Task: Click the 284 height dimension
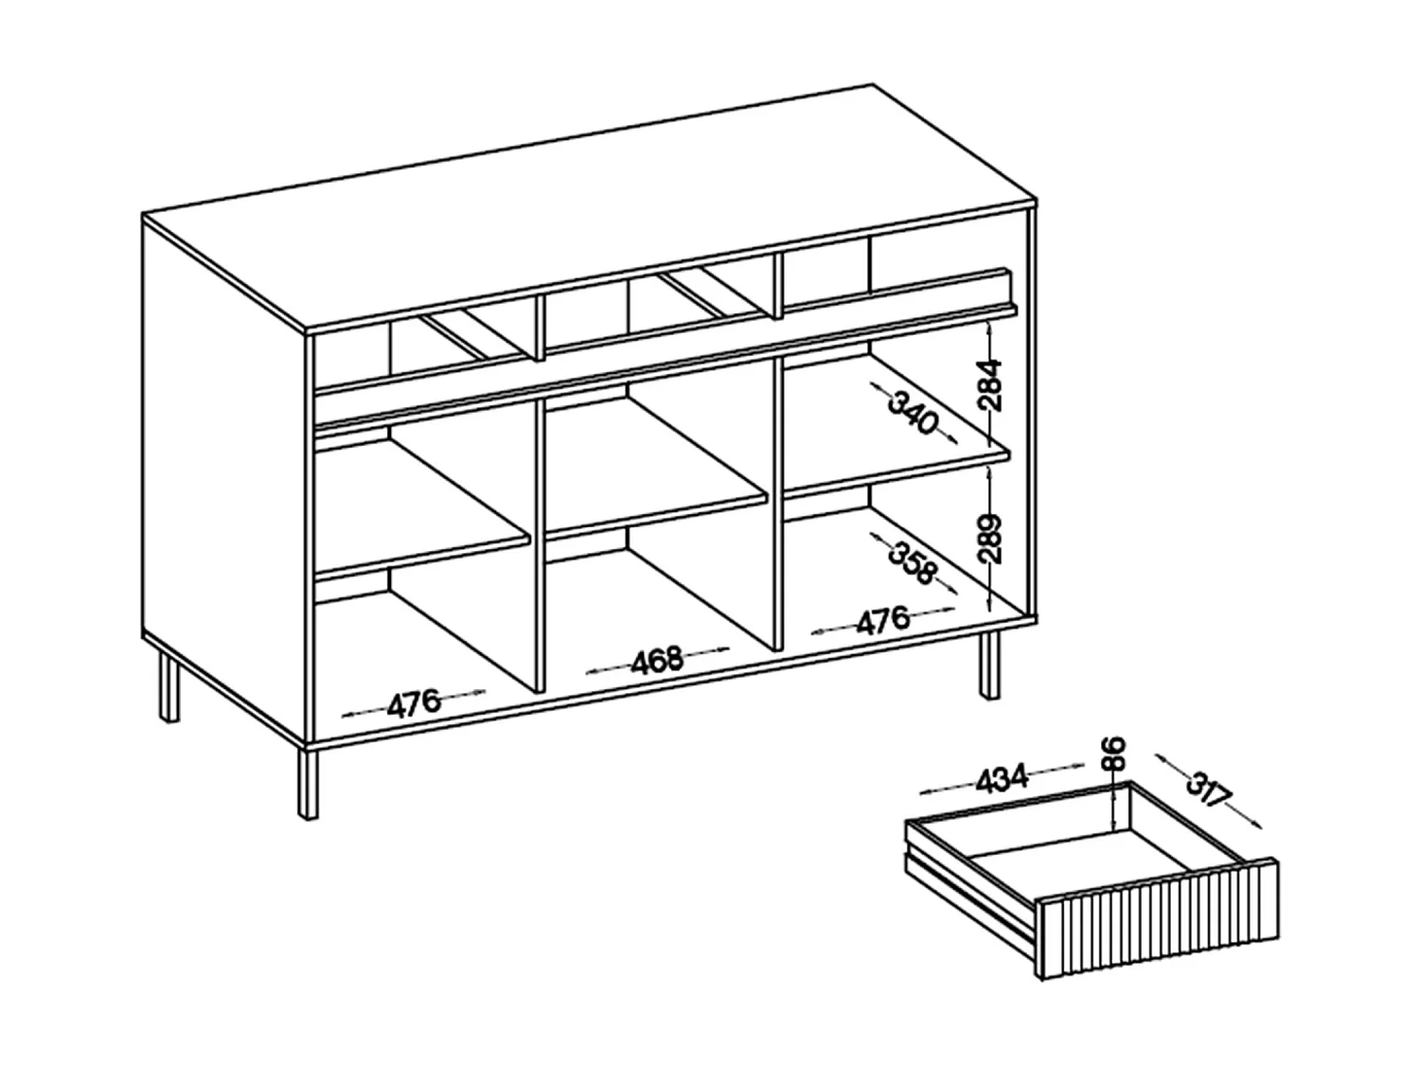pos(989,383)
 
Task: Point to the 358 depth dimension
pos(912,559)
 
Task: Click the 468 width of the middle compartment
pos(657,659)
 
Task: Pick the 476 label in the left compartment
pos(414,702)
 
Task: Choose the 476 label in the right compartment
pos(882,621)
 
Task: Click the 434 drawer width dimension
pos(1001,777)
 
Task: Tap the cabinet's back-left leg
pos(169,687)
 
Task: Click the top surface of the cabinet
pos(587,208)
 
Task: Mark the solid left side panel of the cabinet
pos(222,473)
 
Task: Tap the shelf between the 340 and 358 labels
pos(895,470)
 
